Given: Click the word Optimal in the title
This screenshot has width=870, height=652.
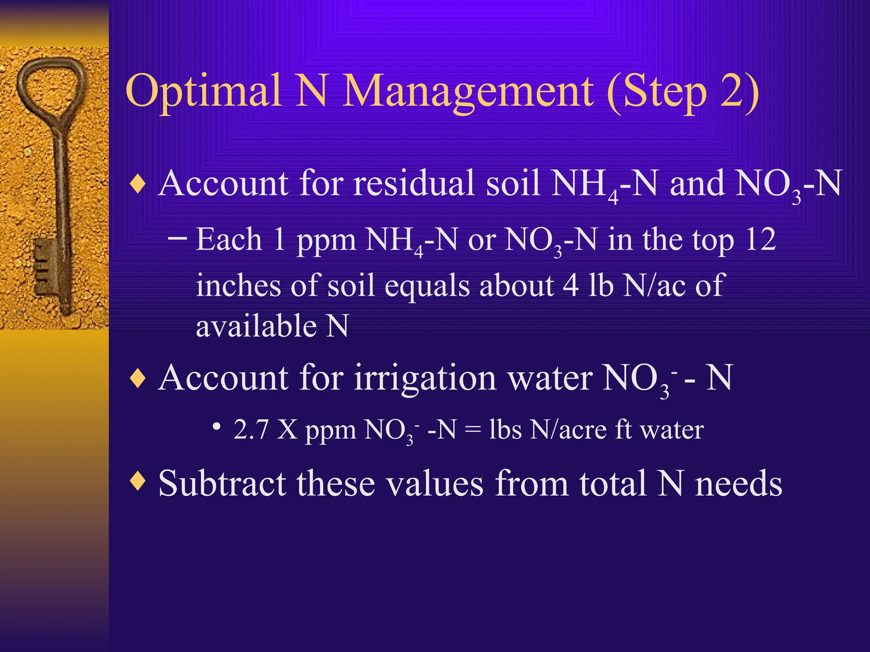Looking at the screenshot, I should (203, 91).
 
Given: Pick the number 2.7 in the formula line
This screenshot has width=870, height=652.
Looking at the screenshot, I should (251, 430).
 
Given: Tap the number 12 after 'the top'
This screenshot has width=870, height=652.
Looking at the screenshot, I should (760, 240).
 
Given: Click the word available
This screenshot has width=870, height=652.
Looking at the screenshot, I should (256, 326).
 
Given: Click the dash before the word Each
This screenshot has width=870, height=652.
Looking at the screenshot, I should (177, 238).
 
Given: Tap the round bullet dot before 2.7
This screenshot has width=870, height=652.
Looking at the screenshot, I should (217, 427).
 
